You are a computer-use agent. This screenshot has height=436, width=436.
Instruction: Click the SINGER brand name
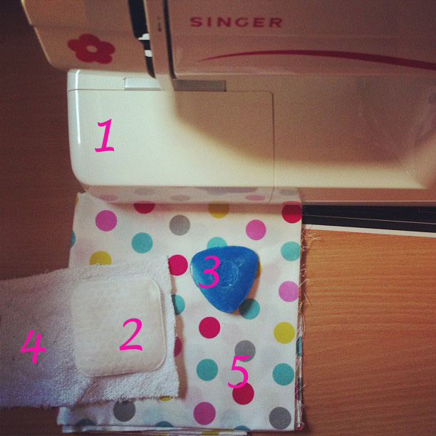click(x=236, y=22)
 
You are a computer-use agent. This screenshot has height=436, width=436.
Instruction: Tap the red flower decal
click(x=91, y=48)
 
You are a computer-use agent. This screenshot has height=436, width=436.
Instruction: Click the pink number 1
click(x=105, y=135)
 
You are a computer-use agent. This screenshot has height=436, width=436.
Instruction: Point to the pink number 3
click(x=209, y=272)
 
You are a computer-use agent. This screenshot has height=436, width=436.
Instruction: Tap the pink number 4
click(x=33, y=346)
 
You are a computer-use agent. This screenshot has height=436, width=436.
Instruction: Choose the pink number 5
click(x=239, y=371)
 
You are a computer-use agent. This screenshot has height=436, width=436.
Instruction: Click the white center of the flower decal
click(x=91, y=49)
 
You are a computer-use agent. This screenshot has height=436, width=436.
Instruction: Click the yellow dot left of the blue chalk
click(x=100, y=259)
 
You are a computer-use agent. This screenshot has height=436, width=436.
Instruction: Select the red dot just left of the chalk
click(x=178, y=265)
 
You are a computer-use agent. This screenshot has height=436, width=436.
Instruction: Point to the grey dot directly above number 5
click(x=245, y=350)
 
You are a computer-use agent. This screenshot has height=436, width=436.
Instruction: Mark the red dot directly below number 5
click(x=243, y=394)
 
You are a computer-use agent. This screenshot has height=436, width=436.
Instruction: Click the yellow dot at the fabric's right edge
click(x=284, y=333)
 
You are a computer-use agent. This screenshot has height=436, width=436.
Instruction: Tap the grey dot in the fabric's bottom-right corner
click(x=280, y=417)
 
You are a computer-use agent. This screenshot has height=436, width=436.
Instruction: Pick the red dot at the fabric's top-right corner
click(x=291, y=213)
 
